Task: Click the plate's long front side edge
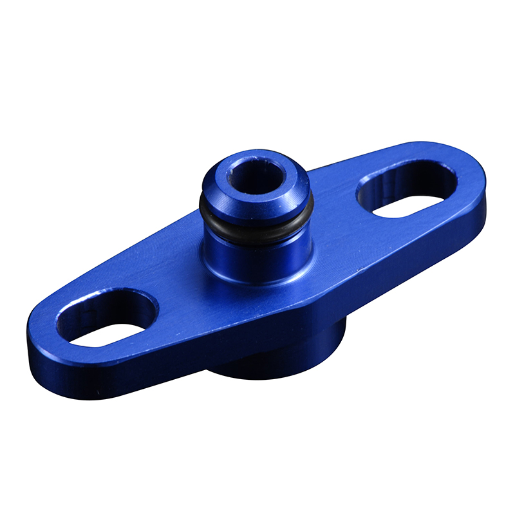(257, 335)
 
